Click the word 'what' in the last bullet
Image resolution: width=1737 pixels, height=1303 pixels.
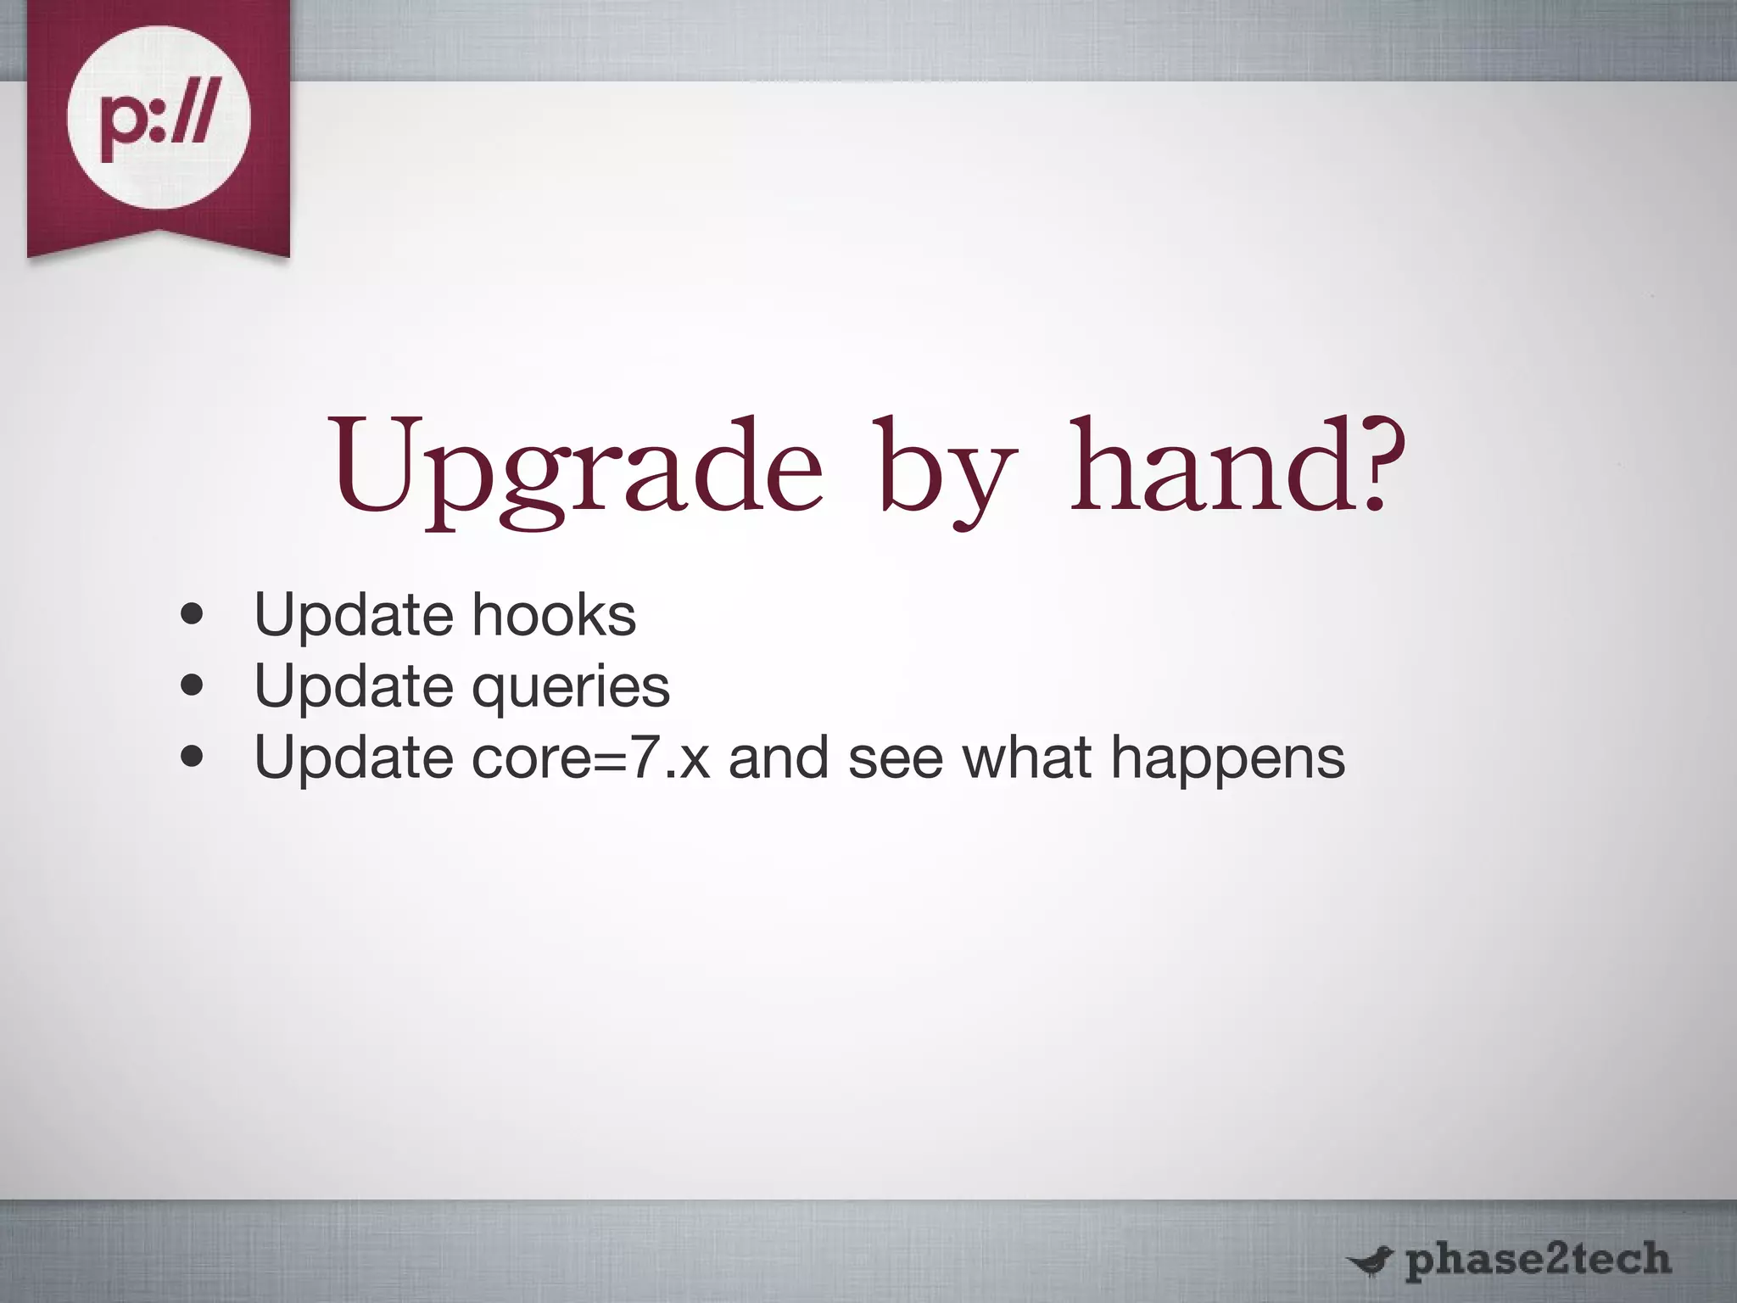(x=1027, y=757)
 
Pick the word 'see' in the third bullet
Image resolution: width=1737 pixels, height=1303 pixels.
(x=896, y=757)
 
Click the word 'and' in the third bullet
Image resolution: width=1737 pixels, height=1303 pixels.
(x=778, y=757)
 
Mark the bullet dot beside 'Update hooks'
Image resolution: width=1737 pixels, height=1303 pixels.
(x=193, y=614)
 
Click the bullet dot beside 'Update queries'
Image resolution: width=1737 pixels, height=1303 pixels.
(x=193, y=685)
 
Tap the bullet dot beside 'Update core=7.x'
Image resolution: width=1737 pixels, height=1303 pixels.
(x=193, y=757)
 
